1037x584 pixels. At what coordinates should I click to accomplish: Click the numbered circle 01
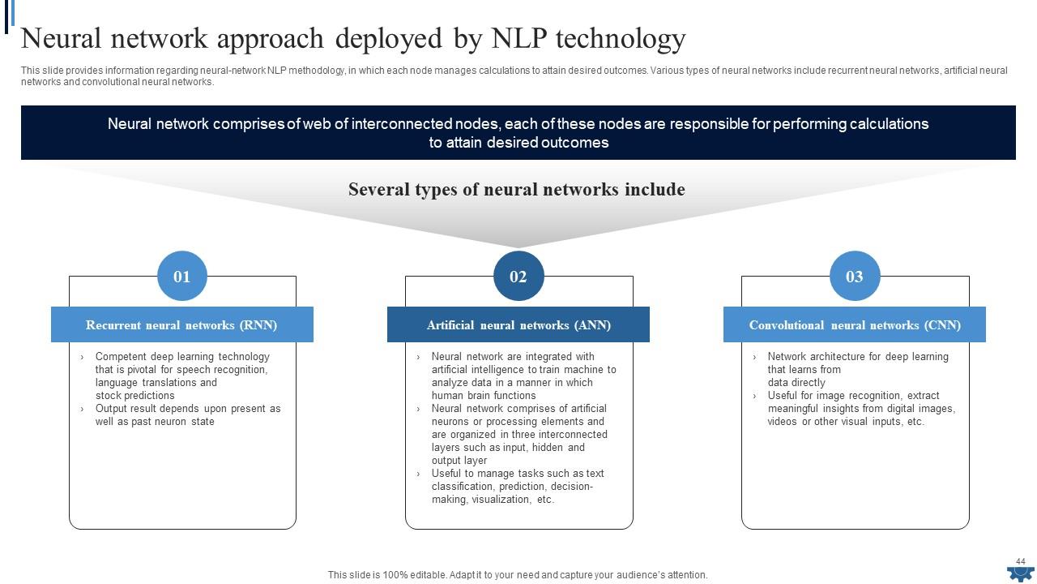181,277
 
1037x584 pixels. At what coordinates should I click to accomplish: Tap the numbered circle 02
518,277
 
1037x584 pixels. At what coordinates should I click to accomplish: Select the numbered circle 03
855,277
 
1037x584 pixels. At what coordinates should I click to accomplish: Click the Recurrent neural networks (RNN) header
181,325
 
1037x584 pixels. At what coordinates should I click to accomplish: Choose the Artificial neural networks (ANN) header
518,325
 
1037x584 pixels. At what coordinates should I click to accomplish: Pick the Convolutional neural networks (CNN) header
855,325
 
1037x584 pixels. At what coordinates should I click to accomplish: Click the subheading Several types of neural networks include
517,190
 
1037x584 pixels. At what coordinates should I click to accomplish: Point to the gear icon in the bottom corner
1020,573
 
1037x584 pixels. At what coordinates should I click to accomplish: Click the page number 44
1021,561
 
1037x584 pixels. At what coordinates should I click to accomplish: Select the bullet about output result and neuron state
187,415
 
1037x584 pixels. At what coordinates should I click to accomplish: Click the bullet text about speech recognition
181,376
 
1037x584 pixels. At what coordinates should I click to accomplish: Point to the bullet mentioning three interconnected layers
518,434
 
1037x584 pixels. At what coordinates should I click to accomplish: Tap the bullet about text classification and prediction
518,487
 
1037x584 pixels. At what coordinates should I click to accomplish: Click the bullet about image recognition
861,409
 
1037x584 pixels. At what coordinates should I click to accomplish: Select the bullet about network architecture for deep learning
857,369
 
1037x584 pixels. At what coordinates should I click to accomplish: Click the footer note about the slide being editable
518,575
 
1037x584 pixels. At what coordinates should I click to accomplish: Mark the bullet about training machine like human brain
523,376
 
